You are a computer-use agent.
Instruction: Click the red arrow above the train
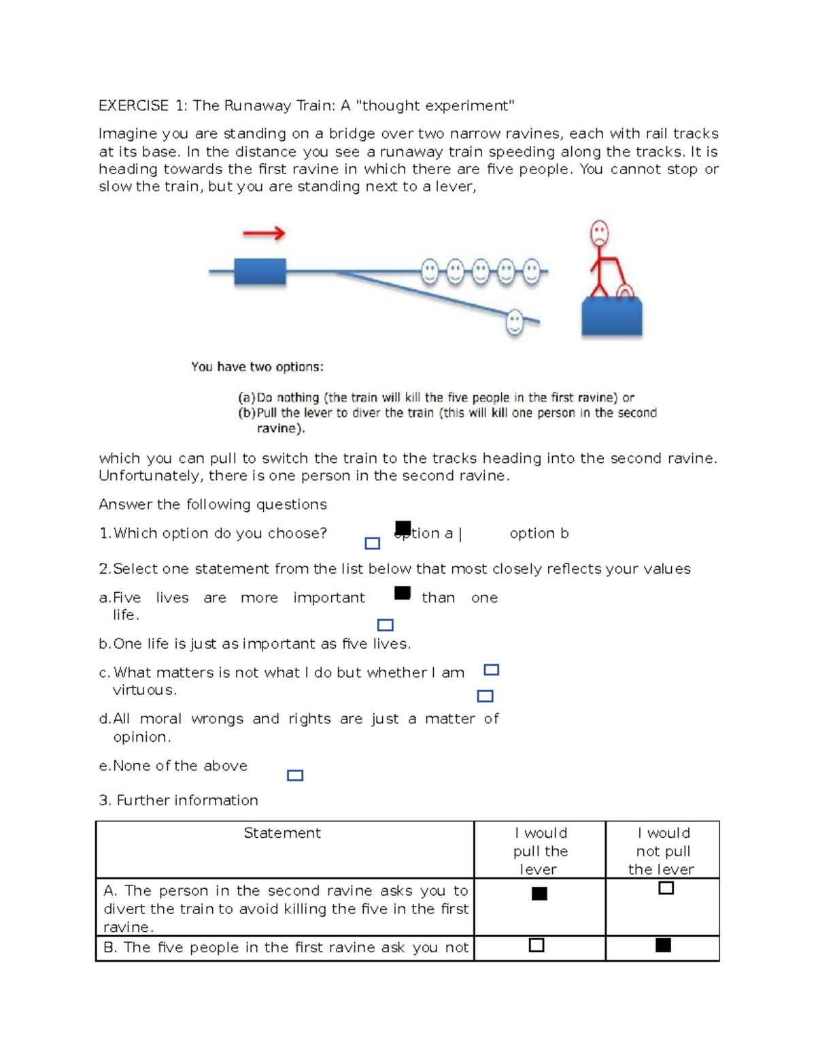coord(264,233)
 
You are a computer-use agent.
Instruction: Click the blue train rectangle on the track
coord(260,272)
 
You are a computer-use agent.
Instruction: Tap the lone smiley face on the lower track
coord(515,321)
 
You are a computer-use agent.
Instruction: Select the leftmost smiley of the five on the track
coord(430,271)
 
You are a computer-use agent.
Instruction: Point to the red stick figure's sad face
coord(599,233)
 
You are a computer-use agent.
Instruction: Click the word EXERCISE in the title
coord(133,105)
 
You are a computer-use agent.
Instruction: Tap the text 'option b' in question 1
coord(539,534)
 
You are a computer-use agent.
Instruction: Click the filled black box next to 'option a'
coord(403,527)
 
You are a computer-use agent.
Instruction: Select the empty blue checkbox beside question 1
coord(372,543)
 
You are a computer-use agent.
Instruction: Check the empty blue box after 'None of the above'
coord(295,775)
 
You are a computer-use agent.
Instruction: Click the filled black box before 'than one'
coord(403,593)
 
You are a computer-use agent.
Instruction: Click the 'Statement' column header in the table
coord(282,833)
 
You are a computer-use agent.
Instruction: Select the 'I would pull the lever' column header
coord(540,851)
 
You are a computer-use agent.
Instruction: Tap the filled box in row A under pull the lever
coord(539,894)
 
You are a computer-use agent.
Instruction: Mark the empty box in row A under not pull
coord(666,888)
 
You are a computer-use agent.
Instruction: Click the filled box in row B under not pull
coord(663,945)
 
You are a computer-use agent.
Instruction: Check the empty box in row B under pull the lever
coord(537,945)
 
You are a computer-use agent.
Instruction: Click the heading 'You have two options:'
coord(257,367)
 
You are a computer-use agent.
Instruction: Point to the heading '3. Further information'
coord(178,800)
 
